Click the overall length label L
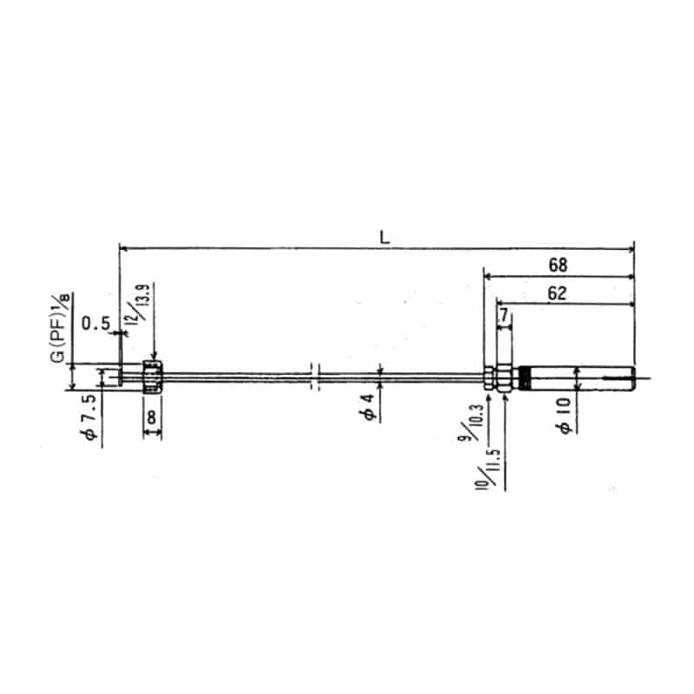click(x=383, y=236)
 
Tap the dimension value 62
click(x=558, y=293)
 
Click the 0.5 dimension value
click(x=95, y=324)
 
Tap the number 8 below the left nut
click(x=152, y=417)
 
